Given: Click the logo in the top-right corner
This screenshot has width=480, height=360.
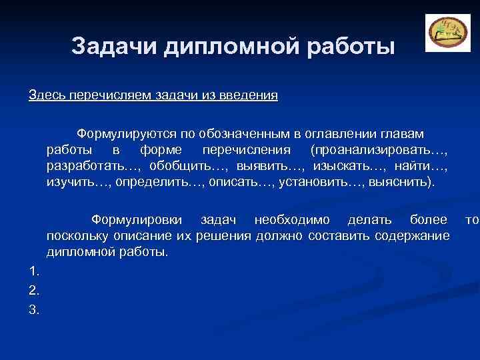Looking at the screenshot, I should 443,32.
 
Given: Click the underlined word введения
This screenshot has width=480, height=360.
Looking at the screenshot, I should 253,95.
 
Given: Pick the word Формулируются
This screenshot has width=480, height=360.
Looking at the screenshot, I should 124,135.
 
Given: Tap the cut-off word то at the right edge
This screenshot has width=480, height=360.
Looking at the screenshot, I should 472,220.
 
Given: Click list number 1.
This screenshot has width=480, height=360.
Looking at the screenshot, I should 34,271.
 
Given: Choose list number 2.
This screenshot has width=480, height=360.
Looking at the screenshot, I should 34,290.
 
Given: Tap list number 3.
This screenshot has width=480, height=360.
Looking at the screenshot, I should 34,309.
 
